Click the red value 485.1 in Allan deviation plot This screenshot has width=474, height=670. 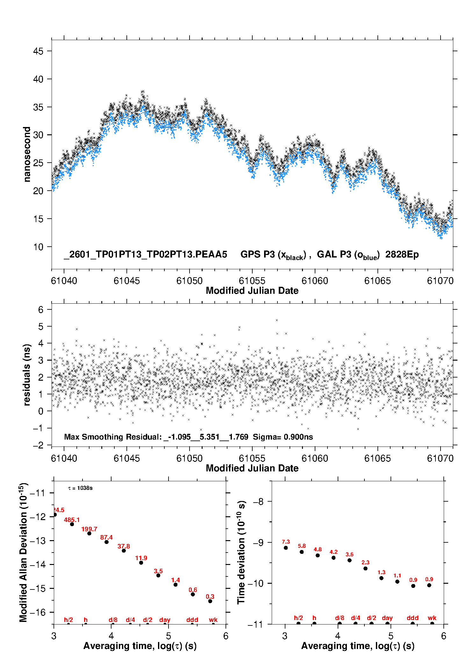pos(72,520)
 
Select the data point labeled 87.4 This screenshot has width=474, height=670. pos(106,542)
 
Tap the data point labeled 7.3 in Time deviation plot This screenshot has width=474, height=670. pos(286,548)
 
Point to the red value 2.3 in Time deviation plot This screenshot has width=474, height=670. pos(365,562)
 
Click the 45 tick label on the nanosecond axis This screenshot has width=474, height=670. pos(38,51)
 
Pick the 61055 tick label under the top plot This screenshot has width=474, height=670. pos(252,281)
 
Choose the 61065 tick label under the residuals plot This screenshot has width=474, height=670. pos(377,458)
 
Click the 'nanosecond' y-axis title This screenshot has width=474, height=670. pos(27,154)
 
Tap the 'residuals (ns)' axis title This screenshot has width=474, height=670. pos(27,375)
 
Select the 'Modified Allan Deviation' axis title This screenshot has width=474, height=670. pos(24,552)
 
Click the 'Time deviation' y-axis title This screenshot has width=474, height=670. pos(241,552)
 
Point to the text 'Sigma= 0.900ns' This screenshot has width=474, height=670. pos(283,437)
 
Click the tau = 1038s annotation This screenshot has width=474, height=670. pos(80,488)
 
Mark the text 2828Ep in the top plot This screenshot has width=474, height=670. pos(402,254)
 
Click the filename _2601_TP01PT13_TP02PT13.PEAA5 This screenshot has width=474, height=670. pos(146,254)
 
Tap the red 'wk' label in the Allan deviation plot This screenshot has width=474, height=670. pos(213,620)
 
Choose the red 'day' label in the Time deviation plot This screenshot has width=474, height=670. pos(387,618)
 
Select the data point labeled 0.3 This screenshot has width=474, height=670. pos(210,601)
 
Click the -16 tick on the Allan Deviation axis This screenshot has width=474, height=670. pos(38,612)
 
